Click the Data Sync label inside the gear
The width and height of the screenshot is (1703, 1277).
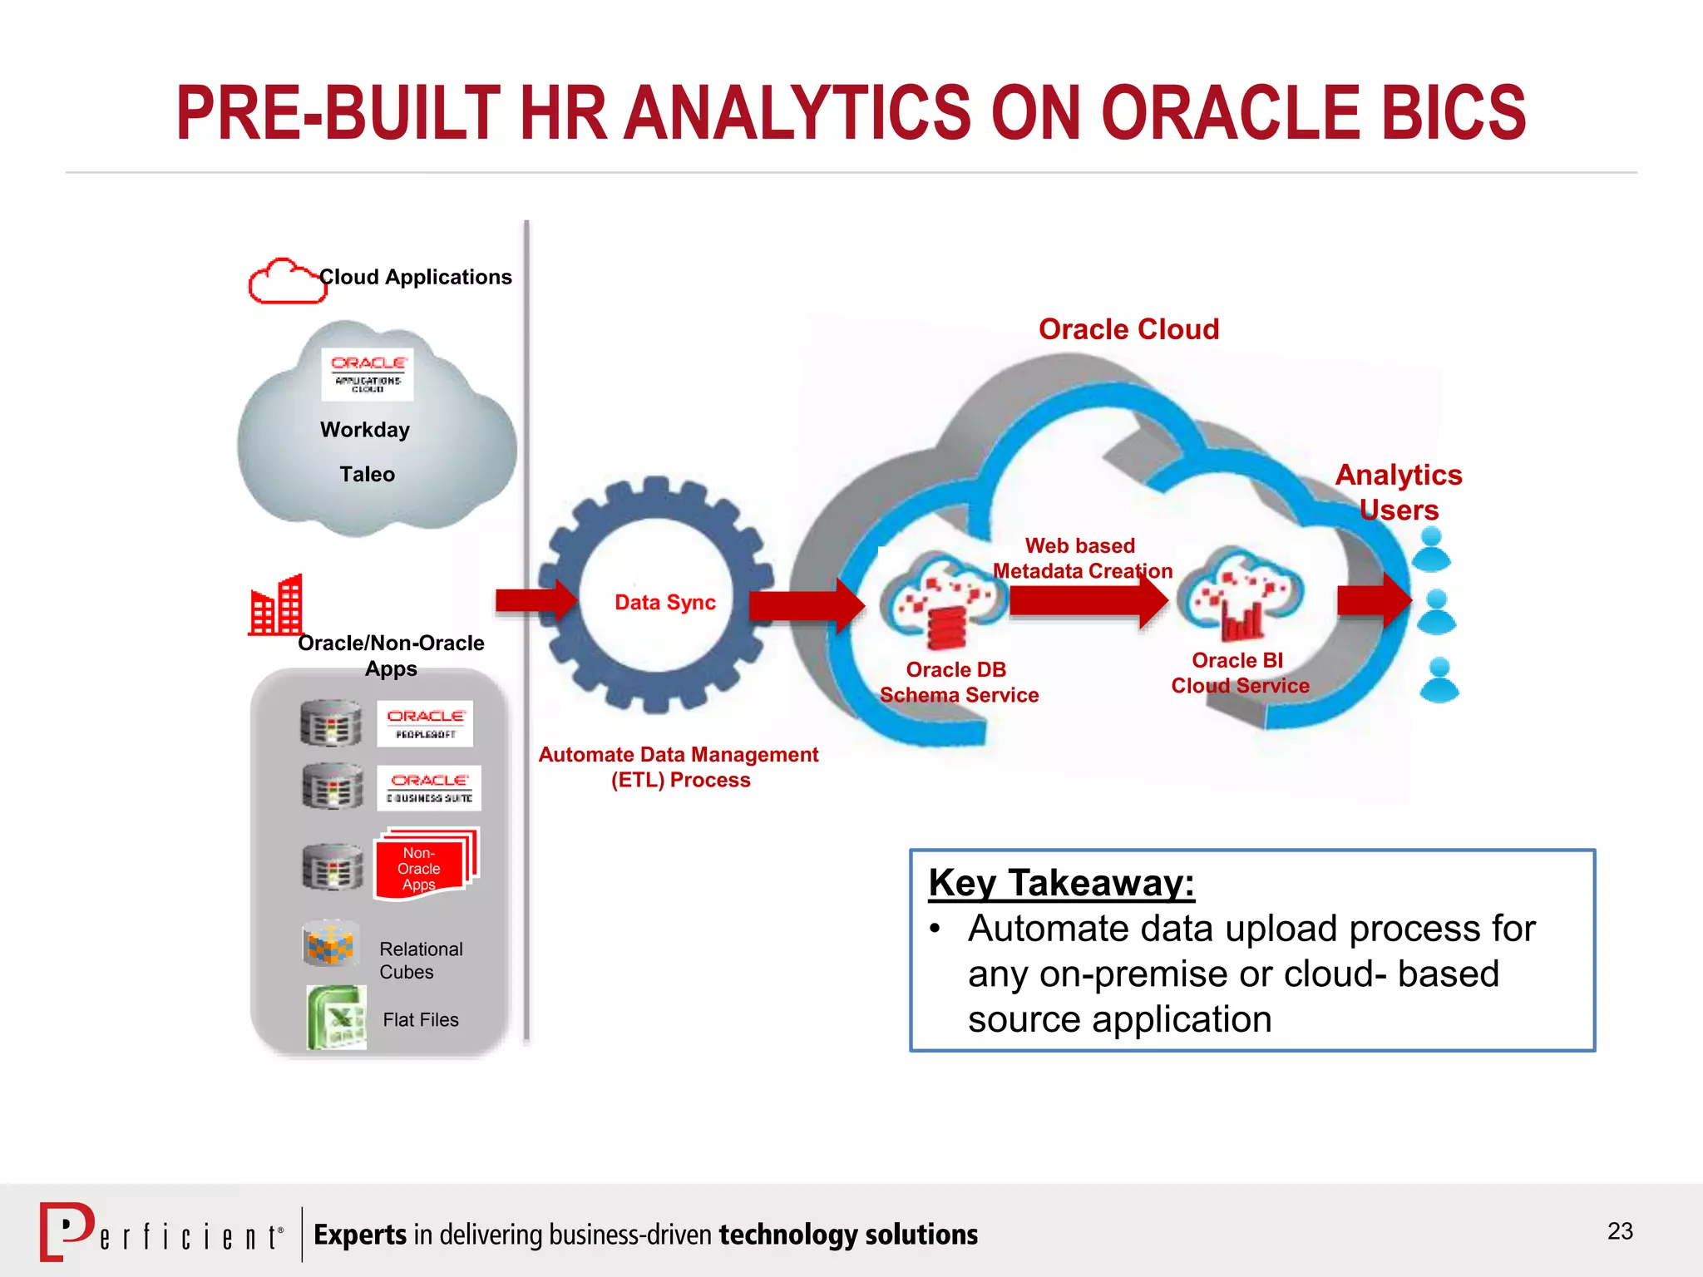click(x=664, y=602)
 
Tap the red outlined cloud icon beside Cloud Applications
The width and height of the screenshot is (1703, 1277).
click(x=285, y=282)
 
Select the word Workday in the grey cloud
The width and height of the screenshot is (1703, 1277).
click(x=365, y=430)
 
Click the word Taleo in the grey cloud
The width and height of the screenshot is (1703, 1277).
click(x=367, y=474)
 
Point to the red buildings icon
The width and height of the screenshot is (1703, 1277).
click(x=277, y=606)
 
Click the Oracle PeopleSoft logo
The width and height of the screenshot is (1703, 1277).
click(x=425, y=723)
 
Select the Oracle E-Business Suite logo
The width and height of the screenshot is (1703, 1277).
click(x=429, y=787)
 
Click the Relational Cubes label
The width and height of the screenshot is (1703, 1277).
click(x=420, y=960)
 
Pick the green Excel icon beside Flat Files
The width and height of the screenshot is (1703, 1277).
click(x=336, y=1017)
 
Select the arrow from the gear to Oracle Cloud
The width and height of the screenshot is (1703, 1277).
click(x=805, y=604)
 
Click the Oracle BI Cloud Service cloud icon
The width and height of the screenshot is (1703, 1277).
click(x=1244, y=593)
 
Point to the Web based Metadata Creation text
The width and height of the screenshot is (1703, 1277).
click(x=1081, y=558)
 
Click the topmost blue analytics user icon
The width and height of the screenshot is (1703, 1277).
click(x=1431, y=550)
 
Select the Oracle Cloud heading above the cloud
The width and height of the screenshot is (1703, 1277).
click(x=1128, y=329)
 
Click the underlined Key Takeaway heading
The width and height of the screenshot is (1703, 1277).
click(x=1061, y=882)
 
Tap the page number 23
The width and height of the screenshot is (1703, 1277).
click(x=1619, y=1230)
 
